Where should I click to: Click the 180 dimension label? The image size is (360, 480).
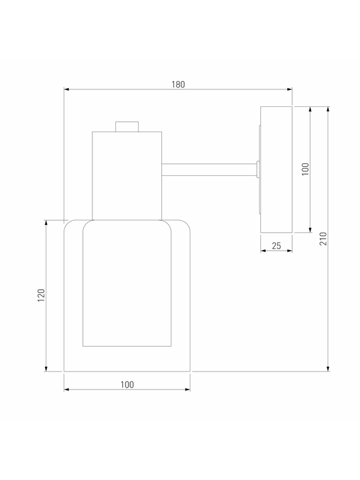(178, 85)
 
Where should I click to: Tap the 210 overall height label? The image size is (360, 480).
(323, 238)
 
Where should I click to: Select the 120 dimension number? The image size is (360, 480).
(41, 295)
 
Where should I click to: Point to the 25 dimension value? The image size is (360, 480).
(277, 246)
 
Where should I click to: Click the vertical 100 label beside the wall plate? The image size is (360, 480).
(305, 169)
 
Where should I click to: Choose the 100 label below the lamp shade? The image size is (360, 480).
(127, 385)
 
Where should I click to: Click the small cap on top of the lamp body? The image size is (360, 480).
(127, 127)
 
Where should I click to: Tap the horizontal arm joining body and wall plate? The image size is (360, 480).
(209, 170)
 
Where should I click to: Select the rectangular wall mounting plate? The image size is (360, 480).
(277, 169)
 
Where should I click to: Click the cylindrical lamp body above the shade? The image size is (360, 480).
(127, 176)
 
